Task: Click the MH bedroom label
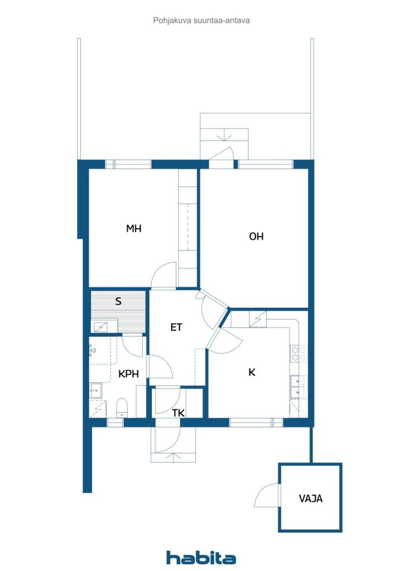(134, 228)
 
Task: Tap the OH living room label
(256, 236)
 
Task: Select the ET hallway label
(176, 327)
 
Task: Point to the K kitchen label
(252, 372)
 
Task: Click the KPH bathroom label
(128, 374)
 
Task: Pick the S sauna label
(118, 301)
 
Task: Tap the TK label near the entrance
(179, 413)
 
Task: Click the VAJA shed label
(311, 498)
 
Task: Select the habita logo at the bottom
(201, 557)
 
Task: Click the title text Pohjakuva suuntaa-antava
(201, 21)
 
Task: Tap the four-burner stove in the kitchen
(299, 354)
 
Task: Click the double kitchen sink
(299, 387)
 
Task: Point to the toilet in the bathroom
(122, 408)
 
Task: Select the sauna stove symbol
(99, 327)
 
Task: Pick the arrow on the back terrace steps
(224, 137)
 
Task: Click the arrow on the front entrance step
(174, 457)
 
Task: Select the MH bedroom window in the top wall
(128, 164)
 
